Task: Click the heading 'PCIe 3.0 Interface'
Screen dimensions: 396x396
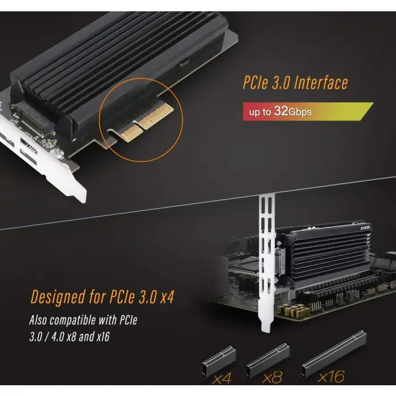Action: click(x=295, y=84)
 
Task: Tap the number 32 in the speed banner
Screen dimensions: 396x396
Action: click(x=281, y=111)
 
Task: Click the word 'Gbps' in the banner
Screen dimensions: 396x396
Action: click(x=300, y=111)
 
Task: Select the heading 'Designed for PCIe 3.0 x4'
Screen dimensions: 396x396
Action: click(x=102, y=296)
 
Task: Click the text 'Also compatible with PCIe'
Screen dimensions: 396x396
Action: click(x=83, y=320)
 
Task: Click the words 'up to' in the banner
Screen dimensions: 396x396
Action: click(x=260, y=112)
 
